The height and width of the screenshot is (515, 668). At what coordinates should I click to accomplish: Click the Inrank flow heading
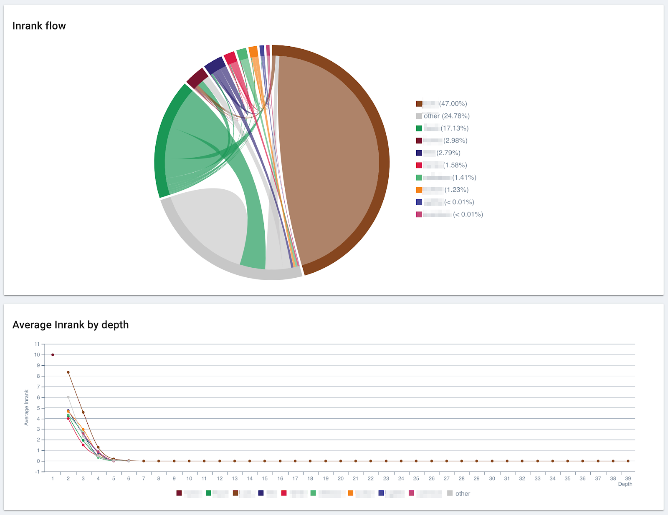click(x=39, y=26)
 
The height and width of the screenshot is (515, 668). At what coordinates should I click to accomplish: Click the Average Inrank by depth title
click(x=71, y=325)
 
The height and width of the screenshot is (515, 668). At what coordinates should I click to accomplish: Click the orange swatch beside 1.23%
click(x=419, y=190)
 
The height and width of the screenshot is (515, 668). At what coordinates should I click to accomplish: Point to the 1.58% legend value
click(x=455, y=165)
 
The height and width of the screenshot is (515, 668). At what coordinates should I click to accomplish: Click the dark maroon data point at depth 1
click(x=53, y=355)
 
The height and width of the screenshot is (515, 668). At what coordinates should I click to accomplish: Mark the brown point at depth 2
click(x=68, y=372)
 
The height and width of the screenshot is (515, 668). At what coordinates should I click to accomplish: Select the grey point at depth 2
click(x=68, y=397)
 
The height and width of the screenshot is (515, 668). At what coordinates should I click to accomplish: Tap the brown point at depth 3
click(x=83, y=412)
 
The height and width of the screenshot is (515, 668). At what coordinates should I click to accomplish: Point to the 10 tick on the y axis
click(x=37, y=355)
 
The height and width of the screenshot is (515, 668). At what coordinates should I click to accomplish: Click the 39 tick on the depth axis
click(x=628, y=478)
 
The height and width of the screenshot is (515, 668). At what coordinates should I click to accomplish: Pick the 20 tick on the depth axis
click(x=340, y=478)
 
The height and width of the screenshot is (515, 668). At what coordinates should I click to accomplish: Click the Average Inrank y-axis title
click(x=26, y=407)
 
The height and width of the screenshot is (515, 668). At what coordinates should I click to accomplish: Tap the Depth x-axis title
click(x=625, y=484)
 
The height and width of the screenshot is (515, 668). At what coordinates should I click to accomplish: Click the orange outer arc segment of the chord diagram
click(x=253, y=51)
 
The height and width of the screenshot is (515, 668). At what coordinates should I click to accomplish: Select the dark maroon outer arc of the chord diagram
click(x=197, y=77)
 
